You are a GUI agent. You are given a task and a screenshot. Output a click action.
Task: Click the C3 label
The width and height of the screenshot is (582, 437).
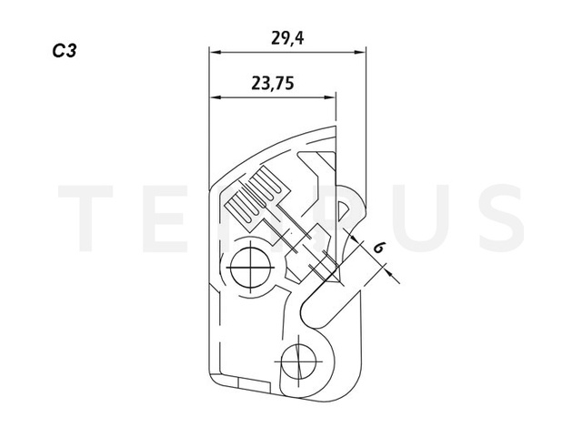tap(65, 51)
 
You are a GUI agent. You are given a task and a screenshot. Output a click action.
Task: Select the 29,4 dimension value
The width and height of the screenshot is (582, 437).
tap(288, 38)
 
